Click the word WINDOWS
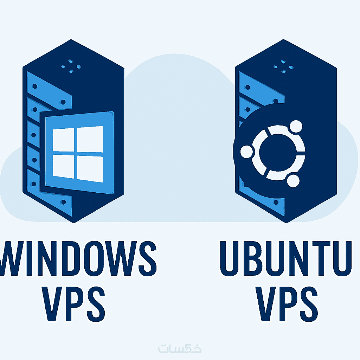78,258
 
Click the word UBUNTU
286,258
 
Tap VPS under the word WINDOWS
73,304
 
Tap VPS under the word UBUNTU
287,304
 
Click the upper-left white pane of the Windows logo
64,140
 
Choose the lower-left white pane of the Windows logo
64,166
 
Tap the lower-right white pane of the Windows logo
90,169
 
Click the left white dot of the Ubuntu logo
246,152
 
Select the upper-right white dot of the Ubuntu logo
296,126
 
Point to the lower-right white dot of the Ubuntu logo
293,181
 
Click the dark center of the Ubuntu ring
278,152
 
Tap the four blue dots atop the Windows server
71,66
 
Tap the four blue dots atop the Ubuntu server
284,66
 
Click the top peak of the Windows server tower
71,39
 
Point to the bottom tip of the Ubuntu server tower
286,223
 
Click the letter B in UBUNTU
252,258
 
